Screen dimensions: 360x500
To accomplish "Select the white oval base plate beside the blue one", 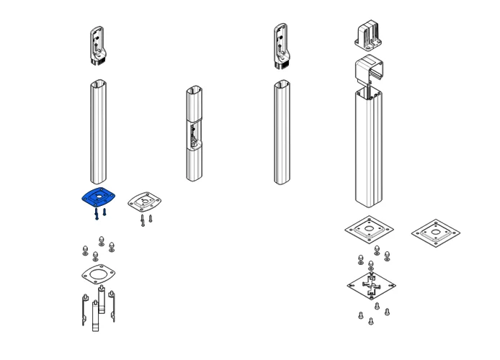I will [x=145, y=202].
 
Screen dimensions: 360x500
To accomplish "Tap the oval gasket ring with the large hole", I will [x=99, y=273].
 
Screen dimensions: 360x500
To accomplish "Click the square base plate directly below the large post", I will [x=369, y=230].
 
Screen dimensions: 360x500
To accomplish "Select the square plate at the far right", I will [x=436, y=233].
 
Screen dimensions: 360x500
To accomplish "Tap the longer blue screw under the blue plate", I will [x=96, y=215].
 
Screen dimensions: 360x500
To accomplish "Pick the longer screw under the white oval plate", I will [x=143, y=220].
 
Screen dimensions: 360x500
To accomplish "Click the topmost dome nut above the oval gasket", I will [x=101, y=241].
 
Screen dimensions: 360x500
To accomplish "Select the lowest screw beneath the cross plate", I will [x=371, y=321].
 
